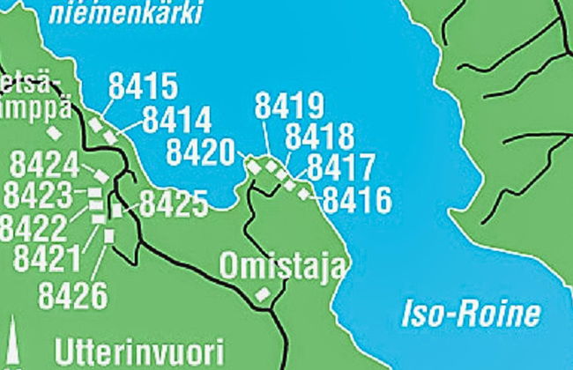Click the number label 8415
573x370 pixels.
point(144,86)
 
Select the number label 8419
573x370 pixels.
point(290,106)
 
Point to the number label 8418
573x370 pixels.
point(320,137)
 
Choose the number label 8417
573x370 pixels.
point(341,167)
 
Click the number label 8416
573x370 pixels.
point(357,201)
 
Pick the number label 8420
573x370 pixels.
point(201,151)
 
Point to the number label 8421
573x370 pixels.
point(48,260)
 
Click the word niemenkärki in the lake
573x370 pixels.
point(126,12)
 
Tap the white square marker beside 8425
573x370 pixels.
point(116,211)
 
